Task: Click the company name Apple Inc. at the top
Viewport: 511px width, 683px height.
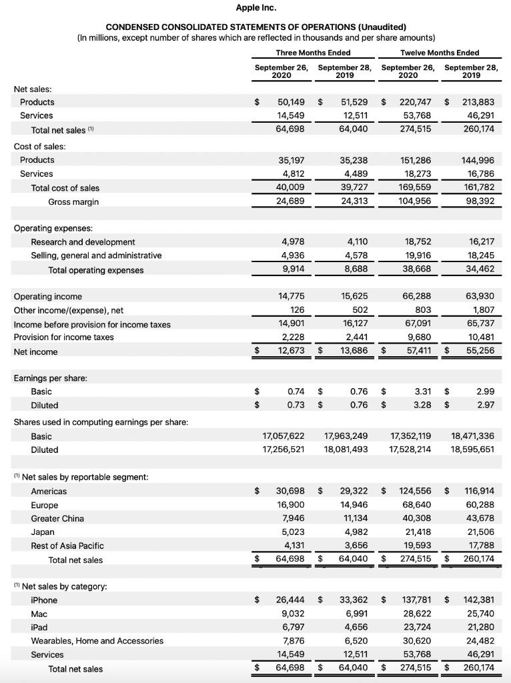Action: pyautogui.click(x=256, y=8)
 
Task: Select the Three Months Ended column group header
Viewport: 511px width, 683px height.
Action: pyautogui.click(x=313, y=53)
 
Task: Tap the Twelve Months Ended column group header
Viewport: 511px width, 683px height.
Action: pyautogui.click(x=439, y=53)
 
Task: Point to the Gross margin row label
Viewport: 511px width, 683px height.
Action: pyautogui.click(x=73, y=201)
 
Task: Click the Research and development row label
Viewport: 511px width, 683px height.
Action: pyautogui.click(x=83, y=242)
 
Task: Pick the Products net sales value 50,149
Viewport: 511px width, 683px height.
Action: pyautogui.click(x=292, y=102)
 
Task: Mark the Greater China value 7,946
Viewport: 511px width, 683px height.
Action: pyautogui.click(x=295, y=518)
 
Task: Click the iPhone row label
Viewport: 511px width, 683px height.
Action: pyautogui.click(x=44, y=600)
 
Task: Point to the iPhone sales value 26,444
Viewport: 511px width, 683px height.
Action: pyautogui.click(x=292, y=600)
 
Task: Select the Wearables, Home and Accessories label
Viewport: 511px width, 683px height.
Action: pyautogui.click(x=97, y=641)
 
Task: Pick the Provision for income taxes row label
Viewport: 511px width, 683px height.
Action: pyautogui.click(x=63, y=337)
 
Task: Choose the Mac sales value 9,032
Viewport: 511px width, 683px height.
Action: pyautogui.click(x=294, y=614)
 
